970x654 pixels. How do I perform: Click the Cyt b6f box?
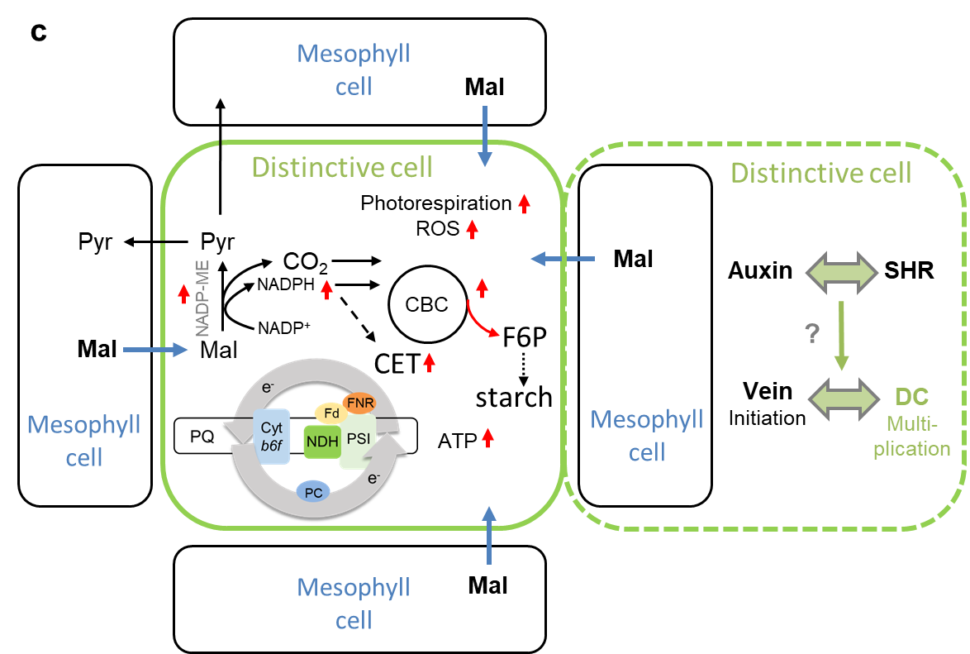(x=272, y=437)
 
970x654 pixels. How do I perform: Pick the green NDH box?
(x=322, y=442)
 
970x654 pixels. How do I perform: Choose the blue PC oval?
(x=313, y=492)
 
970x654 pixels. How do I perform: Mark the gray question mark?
(x=811, y=334)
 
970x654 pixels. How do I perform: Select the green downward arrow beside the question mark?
(x=841, y=336)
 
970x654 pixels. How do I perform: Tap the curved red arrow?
(x=482, y=320)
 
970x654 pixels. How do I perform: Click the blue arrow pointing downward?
(x=486, y=135)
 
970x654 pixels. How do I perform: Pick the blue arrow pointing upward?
(x=489, y=535)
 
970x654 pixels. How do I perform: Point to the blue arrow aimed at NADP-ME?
(x=155, y=351)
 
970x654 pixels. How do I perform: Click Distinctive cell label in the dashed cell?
(x=821, y=173)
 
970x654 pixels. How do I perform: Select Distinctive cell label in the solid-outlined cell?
(x=342, y=167)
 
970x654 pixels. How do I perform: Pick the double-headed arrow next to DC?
(x=844, y=398)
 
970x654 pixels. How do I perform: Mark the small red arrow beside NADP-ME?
(x=183, y=292)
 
